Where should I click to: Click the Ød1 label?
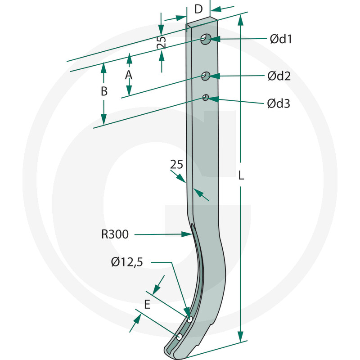click(x=281, y=39)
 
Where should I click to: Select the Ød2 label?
click(x=279, y=76)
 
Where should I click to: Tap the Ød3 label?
click(x=278, y=103)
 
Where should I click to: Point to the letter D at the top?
click(x=198, y=9)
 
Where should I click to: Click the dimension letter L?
click(x=241, y=176)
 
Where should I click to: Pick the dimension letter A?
click(x=129, y=75)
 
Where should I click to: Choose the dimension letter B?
click(x=104, y=91)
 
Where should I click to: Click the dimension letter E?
click(x=147, y=305)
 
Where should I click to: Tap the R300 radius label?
click(x=115, y=234)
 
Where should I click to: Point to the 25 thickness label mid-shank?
click(x=177, y=165)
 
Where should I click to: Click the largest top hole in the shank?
click(x=206, y=39)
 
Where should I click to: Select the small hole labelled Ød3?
click(x=206, y=97)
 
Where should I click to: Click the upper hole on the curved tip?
click(x=190, y=319)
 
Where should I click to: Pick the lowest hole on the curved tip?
click(x=179, y=337)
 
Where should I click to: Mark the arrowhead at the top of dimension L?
click(x=241, y=18)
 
